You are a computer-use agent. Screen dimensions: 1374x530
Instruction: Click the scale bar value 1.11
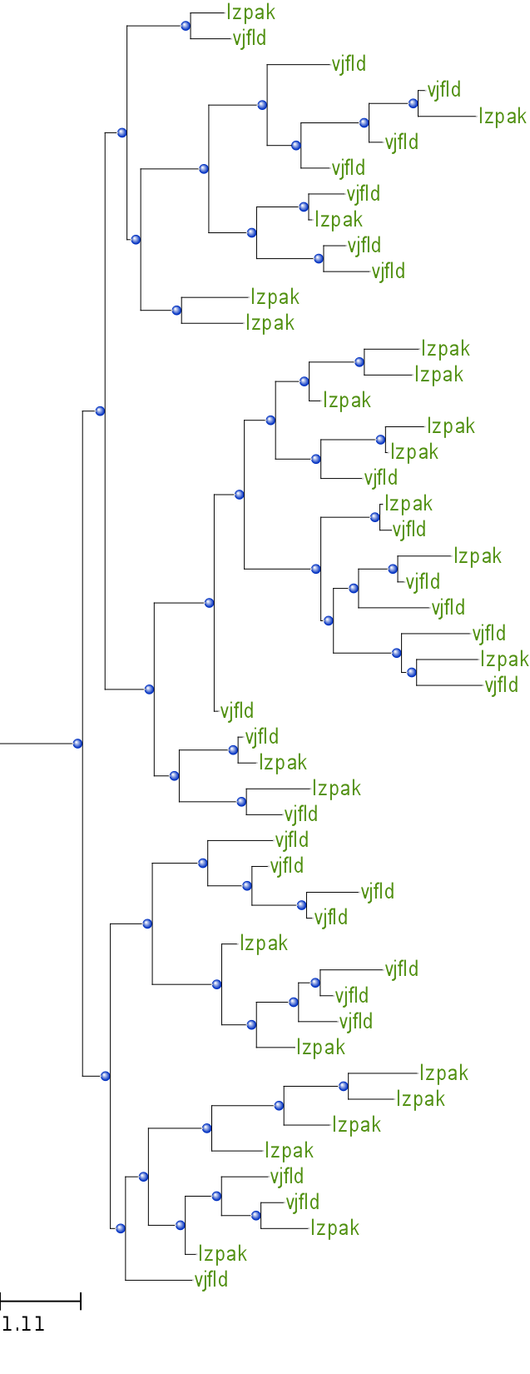[x=23, y=1323]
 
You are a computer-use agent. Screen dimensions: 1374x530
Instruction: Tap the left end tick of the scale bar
[x=1, y=1301]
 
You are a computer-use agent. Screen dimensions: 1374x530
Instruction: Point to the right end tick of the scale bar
[x=81, y=1301]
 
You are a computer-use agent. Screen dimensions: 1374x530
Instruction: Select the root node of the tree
[x=77, y=744]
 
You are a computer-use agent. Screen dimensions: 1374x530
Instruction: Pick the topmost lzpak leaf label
[x=250, y=12]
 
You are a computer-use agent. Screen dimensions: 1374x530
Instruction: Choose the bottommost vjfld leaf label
[x=211, y=1279]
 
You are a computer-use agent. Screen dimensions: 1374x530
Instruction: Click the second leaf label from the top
[x=250, y=38]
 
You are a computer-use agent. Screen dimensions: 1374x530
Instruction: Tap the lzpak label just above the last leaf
[x=223, y=1253]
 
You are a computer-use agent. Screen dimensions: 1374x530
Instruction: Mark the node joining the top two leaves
[x=186, y=26]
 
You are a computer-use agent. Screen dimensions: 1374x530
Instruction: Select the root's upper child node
[x=100, y=411]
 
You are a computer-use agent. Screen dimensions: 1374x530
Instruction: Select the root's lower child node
[x=105, y=1076]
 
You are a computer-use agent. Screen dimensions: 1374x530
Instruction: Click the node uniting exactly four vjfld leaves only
[x=202, y=863]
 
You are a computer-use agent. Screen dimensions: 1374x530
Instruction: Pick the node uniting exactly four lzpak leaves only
[x=206, y=1128]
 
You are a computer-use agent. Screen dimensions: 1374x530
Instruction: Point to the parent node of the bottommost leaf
[x=121, y=1228]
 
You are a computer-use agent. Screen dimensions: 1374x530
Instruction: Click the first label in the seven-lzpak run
[x=275, y=296]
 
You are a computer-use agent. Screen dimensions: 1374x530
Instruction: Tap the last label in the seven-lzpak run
[x=414, y=451]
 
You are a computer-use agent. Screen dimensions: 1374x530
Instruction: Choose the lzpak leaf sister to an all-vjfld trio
[x=320, y=1047]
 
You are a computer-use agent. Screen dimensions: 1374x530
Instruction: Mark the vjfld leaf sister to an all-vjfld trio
[x=292, y=839]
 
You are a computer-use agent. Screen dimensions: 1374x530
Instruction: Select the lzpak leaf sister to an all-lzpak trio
[x=290, y=1150]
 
